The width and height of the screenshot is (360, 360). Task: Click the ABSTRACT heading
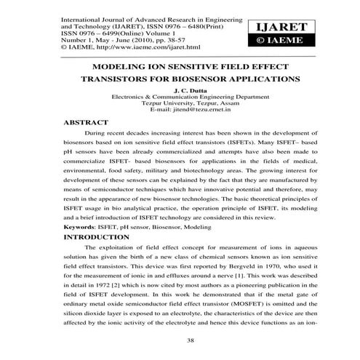[87, 123]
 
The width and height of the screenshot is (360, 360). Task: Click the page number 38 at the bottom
[180, 341]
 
